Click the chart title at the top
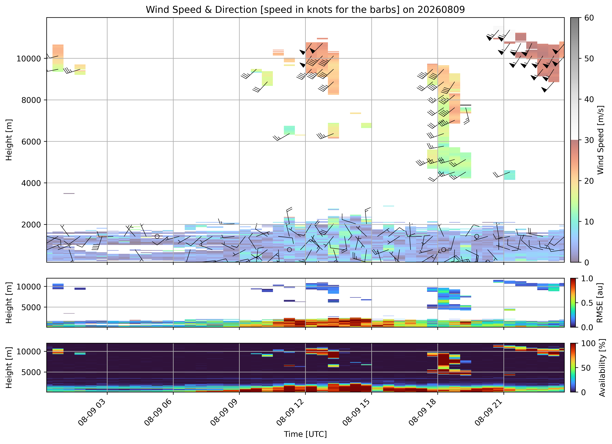pyautogui.click(x=305, y=10)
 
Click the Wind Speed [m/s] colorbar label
pyautogui.click(x=600, y=140)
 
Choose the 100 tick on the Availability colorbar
pyautogui.click(x=592, y=343)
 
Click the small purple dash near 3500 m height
pyautogui.click(x=69, y=194)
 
